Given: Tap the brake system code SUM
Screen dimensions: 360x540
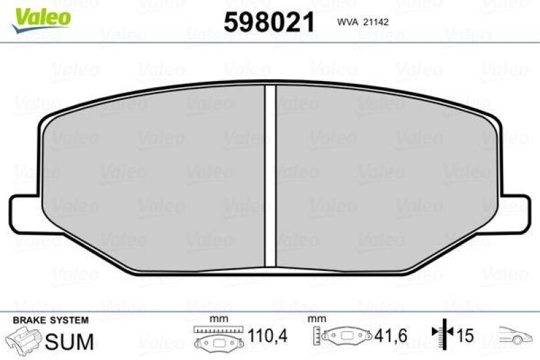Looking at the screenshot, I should point(70,342).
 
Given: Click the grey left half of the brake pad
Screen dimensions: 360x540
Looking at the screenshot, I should point(155,176).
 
